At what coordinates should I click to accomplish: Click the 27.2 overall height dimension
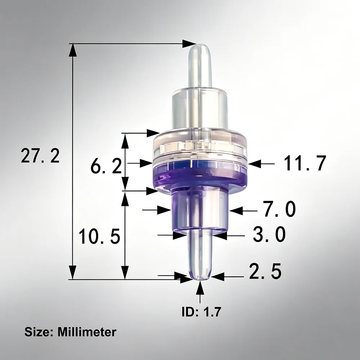(x=40, y=156)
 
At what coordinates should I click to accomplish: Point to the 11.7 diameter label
(x=305, y=163)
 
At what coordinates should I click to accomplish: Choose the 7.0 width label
(x=279, y=209)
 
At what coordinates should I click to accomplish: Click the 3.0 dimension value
(x=269, y=234)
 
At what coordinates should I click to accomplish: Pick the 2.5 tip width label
(x=265, y=271)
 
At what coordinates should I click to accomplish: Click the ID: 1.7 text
(x=201, y=311)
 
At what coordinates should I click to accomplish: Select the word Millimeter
(x=87, y=332)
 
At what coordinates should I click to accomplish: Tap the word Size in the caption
(x=39, y=332)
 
